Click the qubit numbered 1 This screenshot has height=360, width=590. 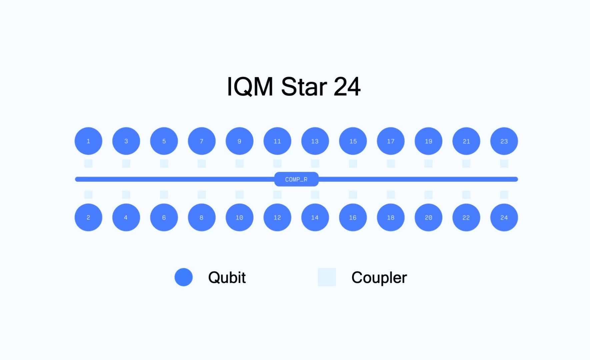point(88,141)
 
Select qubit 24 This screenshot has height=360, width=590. point(504,217)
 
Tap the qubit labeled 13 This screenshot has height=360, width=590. point(315,141)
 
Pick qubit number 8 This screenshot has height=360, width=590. point(202,217)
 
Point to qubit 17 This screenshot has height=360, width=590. point(391,141)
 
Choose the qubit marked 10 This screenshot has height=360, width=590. point(239,217)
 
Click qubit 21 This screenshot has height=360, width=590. point(466,141)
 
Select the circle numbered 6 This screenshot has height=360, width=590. point(164,217)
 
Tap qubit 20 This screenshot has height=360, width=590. point(428,217)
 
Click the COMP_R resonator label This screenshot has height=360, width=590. point(296,179)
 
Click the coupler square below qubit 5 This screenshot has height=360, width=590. point(164,163)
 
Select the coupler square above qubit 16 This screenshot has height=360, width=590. point(353,195)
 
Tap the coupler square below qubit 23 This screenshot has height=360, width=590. point(504,163)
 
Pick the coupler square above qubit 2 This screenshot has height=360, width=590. point(88,195)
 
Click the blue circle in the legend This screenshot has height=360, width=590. point(184,277)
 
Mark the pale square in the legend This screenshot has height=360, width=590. point(327,277)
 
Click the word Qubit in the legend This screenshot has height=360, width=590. point(227,277)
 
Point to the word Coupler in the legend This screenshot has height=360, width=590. point(379,277)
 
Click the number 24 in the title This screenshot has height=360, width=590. point(347,87)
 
